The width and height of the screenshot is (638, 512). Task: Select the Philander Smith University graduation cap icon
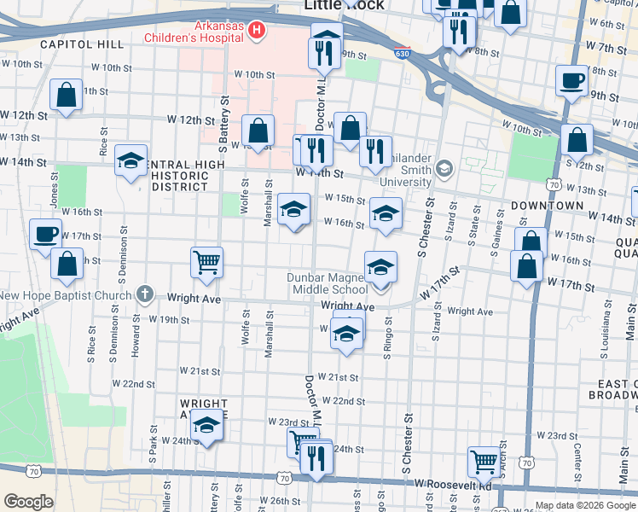click(443, 169)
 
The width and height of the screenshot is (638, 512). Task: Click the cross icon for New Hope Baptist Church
click(145, 294)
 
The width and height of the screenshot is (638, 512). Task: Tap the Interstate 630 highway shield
click(402, 54)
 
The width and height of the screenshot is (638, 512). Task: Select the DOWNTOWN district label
click(547, 207)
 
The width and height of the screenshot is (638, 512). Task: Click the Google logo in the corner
click(28, 502)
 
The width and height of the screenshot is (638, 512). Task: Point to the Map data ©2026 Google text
click(584, 505)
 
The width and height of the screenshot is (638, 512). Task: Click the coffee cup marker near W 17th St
click(45, 233)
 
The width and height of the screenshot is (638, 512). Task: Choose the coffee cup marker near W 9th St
click(571, 81)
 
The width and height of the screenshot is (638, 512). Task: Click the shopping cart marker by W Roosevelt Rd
click(484, 461)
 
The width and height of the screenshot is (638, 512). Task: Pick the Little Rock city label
click(344, 5)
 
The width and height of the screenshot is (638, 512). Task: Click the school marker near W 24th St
click(206, 424)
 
